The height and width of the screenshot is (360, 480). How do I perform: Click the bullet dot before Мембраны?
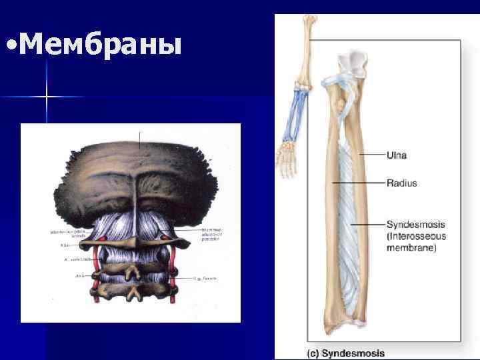point(10,47)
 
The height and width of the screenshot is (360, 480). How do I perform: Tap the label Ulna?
point(397,155)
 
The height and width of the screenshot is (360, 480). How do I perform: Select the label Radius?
point(401,183)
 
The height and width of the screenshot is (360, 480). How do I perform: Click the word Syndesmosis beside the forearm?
point(415,224)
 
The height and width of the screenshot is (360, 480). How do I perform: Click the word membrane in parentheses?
point(411,248)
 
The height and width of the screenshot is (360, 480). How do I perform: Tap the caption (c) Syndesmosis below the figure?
point(345,353)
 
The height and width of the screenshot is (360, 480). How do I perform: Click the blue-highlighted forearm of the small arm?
point(293,117)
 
